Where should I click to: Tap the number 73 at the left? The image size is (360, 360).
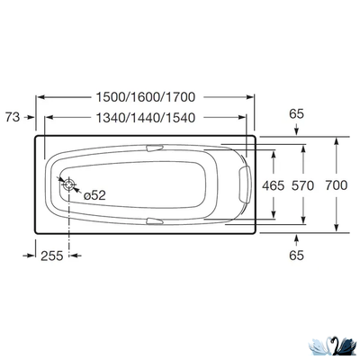[12, 116]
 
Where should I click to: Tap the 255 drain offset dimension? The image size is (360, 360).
[52, 256]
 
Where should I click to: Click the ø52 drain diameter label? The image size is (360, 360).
[94, 193]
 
